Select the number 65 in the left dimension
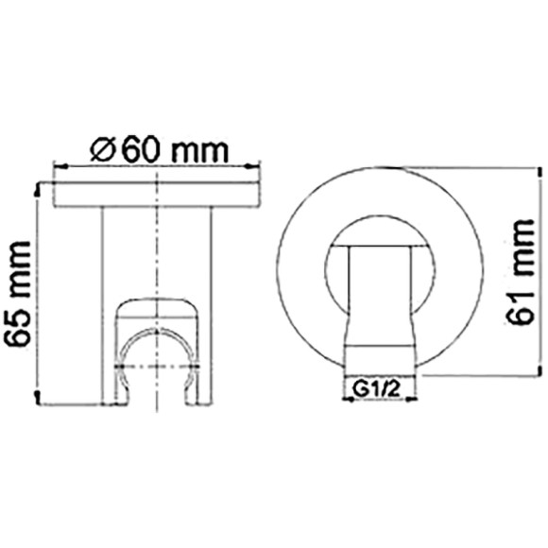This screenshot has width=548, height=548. (x=19, y=334)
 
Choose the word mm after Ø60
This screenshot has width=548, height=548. (x=202, y=150)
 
